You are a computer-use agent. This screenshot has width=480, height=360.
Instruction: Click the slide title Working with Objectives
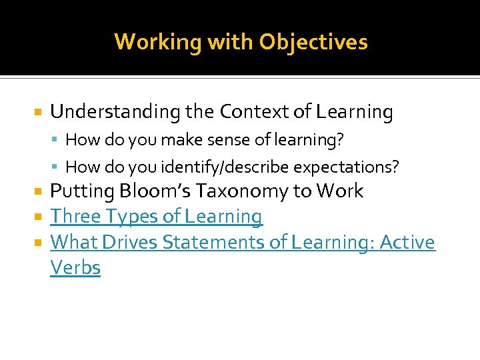[x=241, y=42]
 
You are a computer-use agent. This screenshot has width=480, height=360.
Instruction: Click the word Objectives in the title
[x=313, y=42]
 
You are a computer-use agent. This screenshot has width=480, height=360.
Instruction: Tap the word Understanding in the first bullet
[x=115, y=112]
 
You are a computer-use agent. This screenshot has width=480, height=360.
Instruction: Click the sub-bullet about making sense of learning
[x=205, y=140]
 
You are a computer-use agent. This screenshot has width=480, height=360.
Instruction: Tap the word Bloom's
[x=154, y=191]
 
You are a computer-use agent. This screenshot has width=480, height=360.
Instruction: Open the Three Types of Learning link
[x=157, y=217]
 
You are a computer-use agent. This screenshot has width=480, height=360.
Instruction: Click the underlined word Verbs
[x=75, y=268]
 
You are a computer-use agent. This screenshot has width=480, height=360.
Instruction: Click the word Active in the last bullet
[x=407, y=242]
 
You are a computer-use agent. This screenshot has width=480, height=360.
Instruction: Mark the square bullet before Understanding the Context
[x=37, y=113]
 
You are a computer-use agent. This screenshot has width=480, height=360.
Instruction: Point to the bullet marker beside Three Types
[x=37, y=217]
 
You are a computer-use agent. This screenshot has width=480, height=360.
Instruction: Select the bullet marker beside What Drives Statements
[x=37, y=243]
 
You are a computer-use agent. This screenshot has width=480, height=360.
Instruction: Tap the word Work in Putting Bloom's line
[x=340, y=191]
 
